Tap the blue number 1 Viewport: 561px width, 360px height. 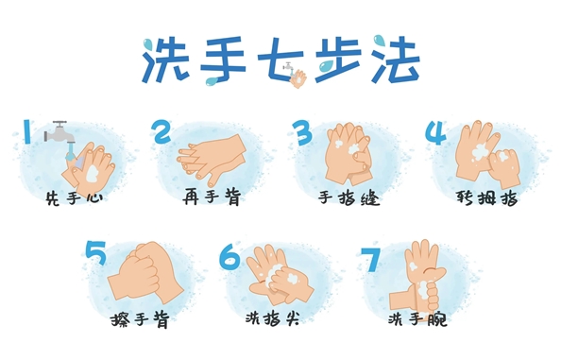coord(27,131)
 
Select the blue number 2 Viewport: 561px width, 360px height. coord(161,131)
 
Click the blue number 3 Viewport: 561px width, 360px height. coord(300,131)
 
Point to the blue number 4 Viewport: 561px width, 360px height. coord(435,131)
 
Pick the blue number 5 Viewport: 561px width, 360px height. coord(96,252)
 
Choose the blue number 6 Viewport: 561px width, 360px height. coord(229,255)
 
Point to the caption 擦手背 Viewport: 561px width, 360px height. coord(140,319)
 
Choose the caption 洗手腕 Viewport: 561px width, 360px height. coord(417,319)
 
